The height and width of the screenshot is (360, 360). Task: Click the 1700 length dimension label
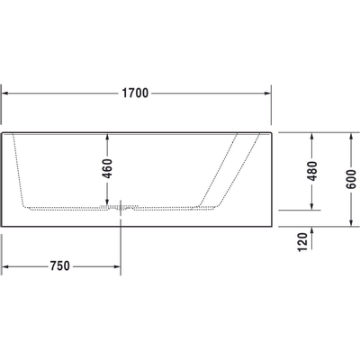tap(135, 94)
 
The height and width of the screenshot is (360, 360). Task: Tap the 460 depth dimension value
tap(108, 168)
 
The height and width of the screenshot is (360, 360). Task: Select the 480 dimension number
tap(312, 171)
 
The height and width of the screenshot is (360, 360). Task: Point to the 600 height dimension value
tap(351, 179)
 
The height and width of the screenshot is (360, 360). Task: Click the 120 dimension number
tap(303, 242)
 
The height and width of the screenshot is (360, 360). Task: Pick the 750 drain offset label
tap(60, 266)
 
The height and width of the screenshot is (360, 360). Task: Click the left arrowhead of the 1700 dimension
tap(5, 94)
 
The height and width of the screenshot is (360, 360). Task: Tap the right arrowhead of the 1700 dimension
tap(267, 94)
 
